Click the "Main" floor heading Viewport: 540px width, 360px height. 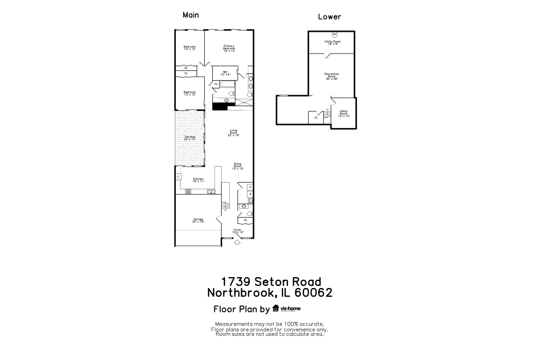click(x=191, y=15)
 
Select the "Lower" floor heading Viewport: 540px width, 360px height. click(x=329, y=16)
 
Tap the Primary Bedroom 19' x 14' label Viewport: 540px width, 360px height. click(x=229, y=48)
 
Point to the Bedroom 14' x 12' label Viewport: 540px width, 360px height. click(x=190, y=48)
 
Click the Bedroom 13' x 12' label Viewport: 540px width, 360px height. click(x=190, y=93)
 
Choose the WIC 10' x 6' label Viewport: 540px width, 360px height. click(x=225, y=73)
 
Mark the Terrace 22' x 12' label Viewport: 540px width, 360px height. click(x=190, y=138)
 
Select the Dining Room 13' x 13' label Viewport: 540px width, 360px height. click(x=237, y=166)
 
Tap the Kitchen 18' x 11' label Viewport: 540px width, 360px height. click(x=198, y=180)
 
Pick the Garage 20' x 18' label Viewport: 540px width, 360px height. click(x=198, y=220)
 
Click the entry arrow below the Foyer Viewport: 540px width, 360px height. click(x=237, y=243)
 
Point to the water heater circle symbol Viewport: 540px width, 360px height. click(x=334, y=35)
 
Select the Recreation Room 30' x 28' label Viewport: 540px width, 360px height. click(x=332, y=76)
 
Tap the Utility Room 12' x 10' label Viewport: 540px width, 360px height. click(x=344, y=113)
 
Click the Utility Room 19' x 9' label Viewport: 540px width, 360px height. click(x=332, y=43)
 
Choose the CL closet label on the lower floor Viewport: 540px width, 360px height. click(x=316, y=118)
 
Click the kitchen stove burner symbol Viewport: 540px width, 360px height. click(x=188, y=191)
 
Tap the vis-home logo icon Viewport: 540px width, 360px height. click(x=276, y=309)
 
